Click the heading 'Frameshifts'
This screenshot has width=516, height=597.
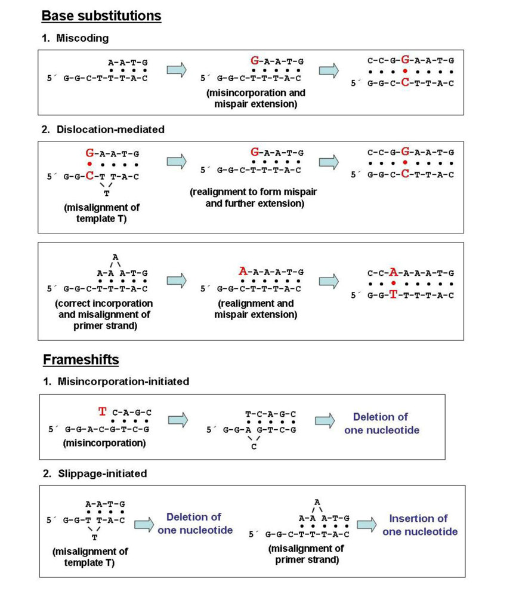(x=81, y=359)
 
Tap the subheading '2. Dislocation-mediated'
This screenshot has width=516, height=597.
(x=103, y=129)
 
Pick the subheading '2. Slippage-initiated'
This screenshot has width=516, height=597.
(x=94, y=473)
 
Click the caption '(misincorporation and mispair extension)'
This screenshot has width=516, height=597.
(x=256, y=99)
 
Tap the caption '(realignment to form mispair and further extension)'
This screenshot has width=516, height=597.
(x=254, y=198)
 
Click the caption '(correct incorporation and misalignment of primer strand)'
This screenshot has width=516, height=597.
(x=98, y=315)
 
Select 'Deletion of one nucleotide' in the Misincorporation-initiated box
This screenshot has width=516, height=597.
(x=381, y=423)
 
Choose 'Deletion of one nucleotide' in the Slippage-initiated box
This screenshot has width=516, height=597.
(x=194, y=524)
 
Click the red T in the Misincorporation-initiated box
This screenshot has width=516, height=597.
(x=103, y=413)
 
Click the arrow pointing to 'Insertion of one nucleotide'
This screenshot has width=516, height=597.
(x=367, y=524)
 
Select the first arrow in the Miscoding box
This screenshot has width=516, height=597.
(x=177, y=70)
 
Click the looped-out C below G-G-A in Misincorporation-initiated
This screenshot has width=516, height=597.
(x=254, y=446)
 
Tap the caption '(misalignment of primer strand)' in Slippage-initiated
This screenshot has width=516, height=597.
(x=305, y=554)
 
